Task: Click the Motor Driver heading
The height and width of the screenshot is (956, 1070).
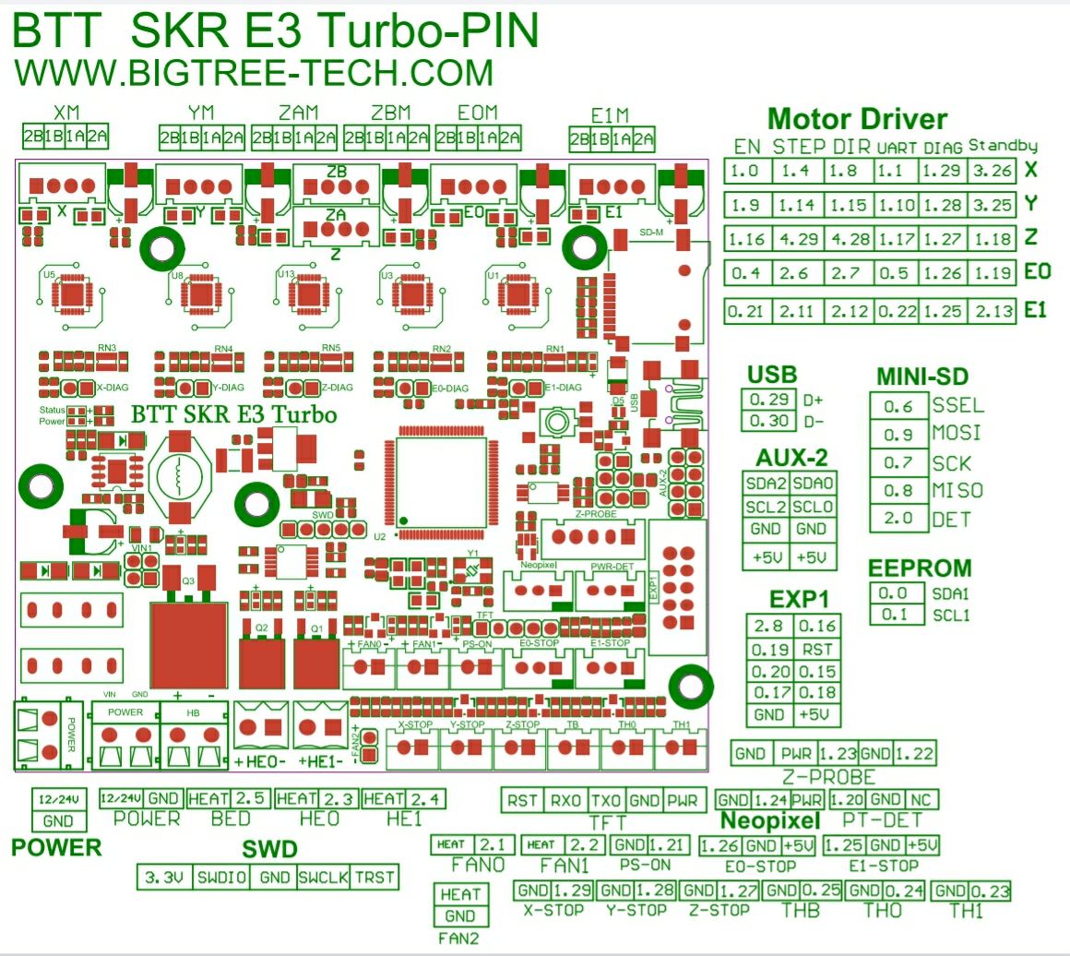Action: [857, 119]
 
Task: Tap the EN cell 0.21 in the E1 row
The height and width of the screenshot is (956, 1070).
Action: [745, 311]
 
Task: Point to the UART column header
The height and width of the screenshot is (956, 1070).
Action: [897, 147]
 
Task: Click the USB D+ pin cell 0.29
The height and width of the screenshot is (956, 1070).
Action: [766, 400]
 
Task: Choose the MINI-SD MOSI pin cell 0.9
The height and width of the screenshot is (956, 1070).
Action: [898, 434]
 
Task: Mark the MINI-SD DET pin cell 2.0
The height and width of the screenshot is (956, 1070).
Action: [898, 519]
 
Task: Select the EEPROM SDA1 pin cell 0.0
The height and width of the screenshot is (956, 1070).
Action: [893, 593]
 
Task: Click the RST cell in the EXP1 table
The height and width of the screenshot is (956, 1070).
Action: [818, 649]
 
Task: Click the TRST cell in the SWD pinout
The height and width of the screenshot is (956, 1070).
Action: [375, 878]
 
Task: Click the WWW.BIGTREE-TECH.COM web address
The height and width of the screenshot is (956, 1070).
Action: [255, 71]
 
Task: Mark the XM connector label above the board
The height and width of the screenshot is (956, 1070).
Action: [66, 113]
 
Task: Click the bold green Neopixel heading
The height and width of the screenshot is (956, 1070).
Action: [769, 820]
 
